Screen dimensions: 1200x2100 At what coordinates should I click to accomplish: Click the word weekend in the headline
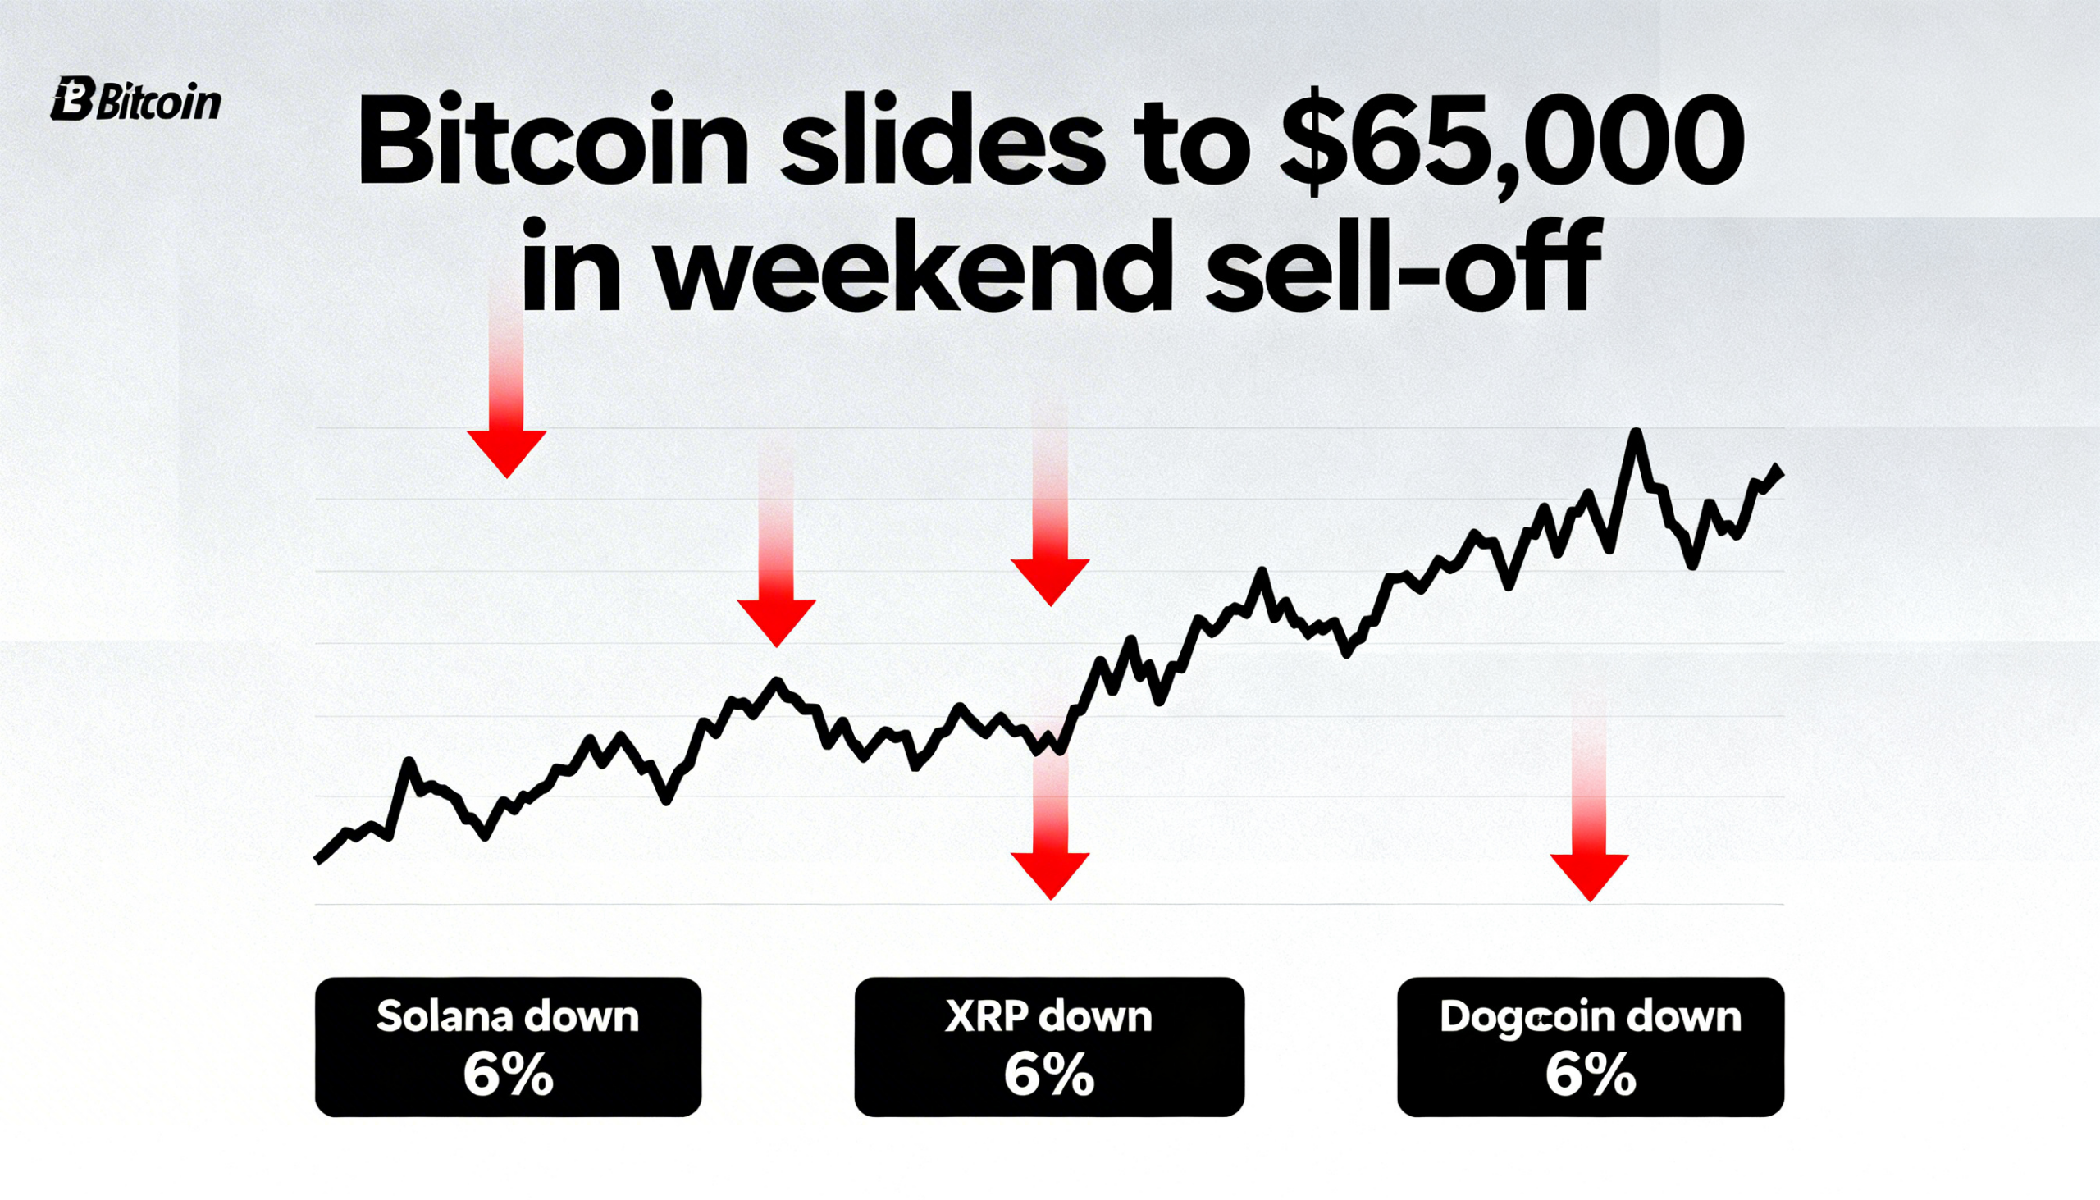point(913,268)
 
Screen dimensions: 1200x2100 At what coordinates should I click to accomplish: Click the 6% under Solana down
point(508,1075)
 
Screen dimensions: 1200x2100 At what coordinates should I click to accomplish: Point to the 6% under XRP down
point(1048,1075)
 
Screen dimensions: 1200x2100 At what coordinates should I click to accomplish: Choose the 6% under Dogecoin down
point(1590,1075)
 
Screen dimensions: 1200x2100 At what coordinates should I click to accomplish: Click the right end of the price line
point(1781,471)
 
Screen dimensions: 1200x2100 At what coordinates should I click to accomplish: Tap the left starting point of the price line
point(318,860)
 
